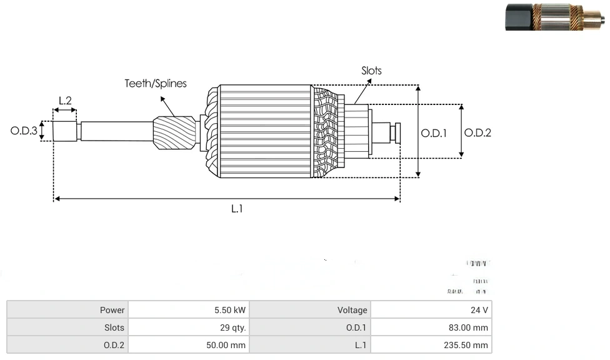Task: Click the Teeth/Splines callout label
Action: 156,83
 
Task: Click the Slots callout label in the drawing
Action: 371,71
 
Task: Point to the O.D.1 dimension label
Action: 433,132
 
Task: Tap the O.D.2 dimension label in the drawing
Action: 478,132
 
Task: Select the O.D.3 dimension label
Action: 24,131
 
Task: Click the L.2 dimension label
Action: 65,100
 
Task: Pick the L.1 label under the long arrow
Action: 237,209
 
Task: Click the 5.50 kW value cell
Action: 231,310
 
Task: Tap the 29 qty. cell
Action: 232,327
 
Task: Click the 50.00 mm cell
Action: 226,345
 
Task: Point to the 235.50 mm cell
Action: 467,345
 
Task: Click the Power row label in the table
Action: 112,310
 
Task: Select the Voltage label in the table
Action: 352,310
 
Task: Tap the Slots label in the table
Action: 114,327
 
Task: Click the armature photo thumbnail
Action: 555,17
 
